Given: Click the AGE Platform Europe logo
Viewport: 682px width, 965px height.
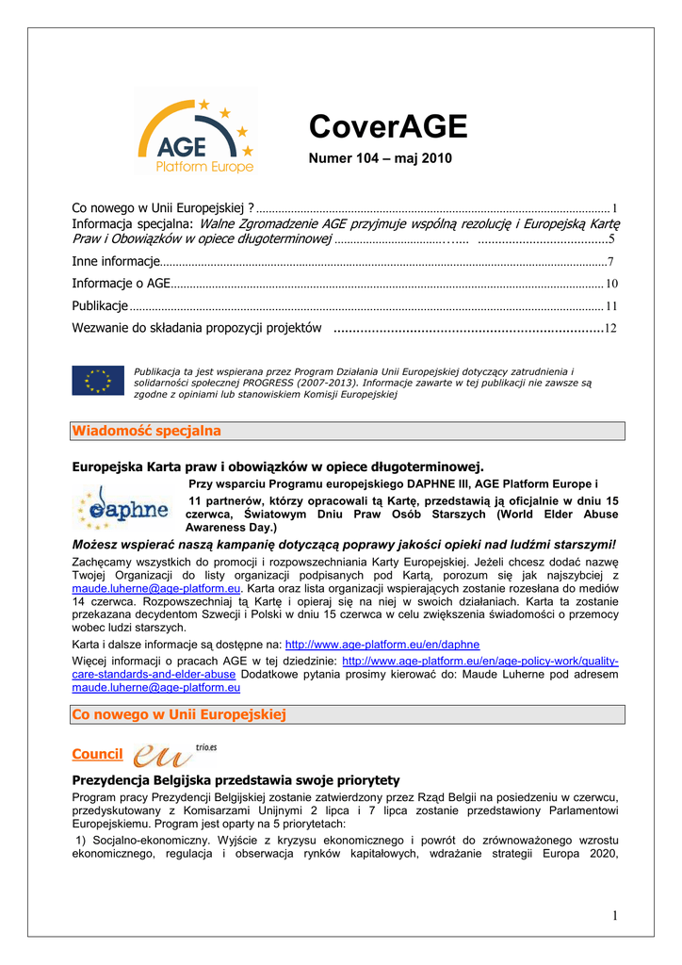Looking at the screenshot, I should [x=195, y=134].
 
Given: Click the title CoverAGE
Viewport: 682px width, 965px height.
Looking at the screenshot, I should [x=388, y=127].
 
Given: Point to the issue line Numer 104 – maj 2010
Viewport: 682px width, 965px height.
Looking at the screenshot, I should [x=381, y=158].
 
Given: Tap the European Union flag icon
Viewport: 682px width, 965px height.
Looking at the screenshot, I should [x=98, y=380].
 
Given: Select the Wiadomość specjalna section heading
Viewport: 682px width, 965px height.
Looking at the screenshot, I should [x=147, y=431].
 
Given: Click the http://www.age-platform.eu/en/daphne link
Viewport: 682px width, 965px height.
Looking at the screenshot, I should [x=382, y=645].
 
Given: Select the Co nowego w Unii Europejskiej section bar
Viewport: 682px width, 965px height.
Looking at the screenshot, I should [x=179, y=715].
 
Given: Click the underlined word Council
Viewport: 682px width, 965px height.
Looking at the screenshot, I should [x=97, y=755].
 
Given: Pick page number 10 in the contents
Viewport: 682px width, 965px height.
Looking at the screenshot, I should [x=611, y=284].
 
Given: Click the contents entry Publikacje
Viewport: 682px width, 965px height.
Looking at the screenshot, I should [x=100, y=306].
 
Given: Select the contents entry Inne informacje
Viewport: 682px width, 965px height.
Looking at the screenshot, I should [x=117, y=261].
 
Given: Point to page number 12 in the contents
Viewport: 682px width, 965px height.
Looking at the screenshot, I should [x=610, y=329].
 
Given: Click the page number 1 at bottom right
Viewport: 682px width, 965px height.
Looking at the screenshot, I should [x=614, y=916].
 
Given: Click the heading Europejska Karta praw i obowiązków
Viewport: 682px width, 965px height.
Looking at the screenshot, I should [x=278, y=466].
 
